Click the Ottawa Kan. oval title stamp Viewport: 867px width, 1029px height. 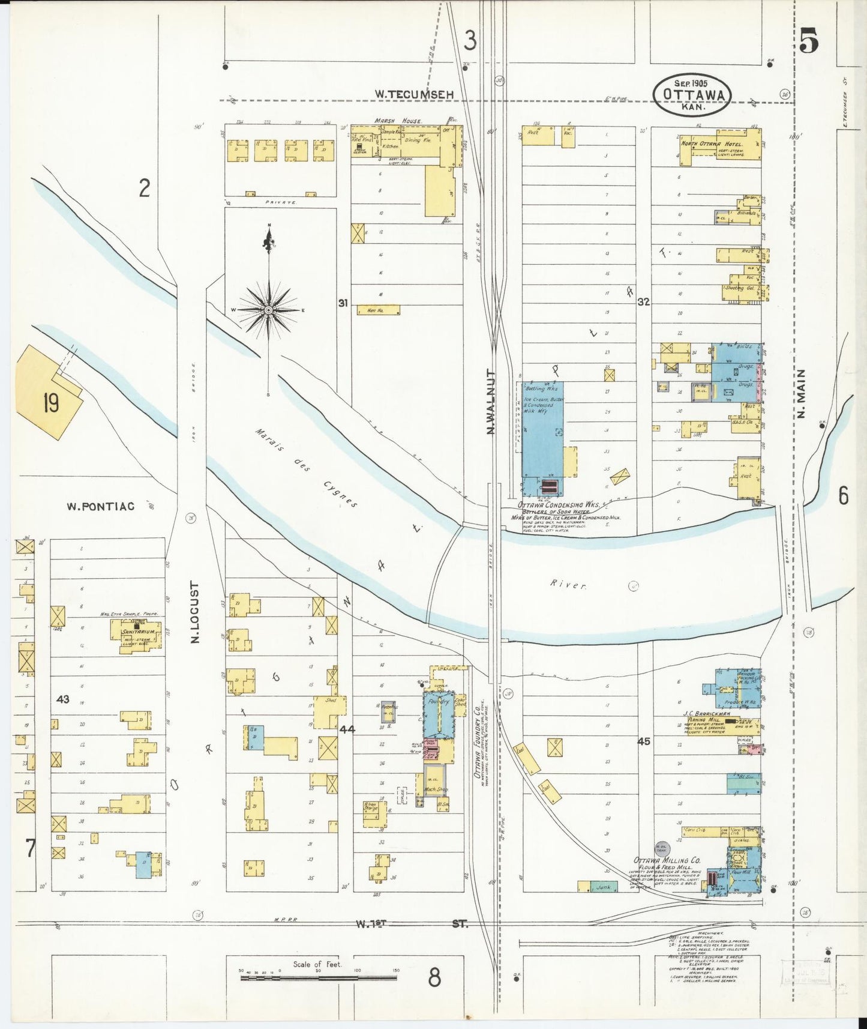692,95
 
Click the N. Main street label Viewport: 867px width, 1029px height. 802,394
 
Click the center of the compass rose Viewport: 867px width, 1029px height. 269,310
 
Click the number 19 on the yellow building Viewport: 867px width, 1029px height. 50,403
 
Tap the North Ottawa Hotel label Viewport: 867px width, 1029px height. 712,144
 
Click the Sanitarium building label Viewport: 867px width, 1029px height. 139,632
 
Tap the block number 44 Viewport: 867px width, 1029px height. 347,729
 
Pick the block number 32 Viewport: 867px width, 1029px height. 643,302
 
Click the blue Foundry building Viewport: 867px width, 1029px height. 439,716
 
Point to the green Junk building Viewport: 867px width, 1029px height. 604,887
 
